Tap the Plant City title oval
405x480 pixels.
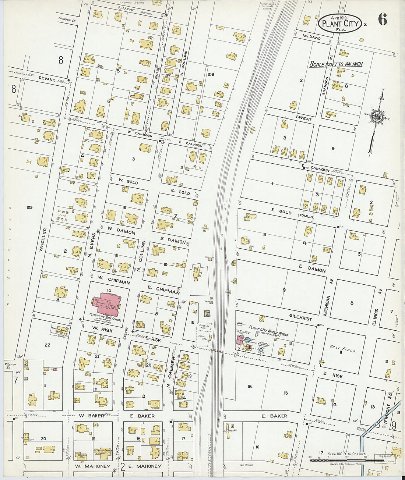pos(340,23)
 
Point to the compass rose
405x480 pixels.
pos(378,117)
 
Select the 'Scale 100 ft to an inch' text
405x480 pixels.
pos(336,64)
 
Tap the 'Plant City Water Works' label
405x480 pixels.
pos(268,330)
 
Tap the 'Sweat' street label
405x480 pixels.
pos(304,119)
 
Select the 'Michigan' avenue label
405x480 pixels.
pos(326,305)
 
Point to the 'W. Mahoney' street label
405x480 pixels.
pos(93,466)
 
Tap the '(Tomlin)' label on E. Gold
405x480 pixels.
pos(306,217)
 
